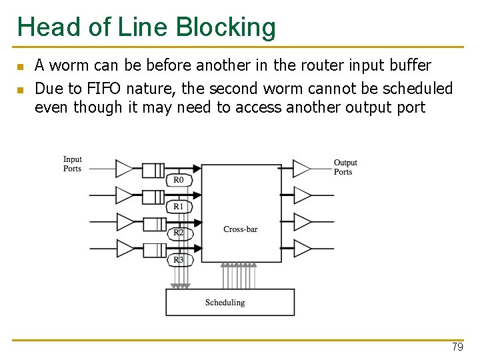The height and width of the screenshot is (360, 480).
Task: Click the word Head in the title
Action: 42,27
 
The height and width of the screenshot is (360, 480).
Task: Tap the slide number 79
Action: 457,347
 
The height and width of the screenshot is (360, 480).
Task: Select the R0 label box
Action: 178,180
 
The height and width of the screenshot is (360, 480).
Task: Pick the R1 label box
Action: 178,207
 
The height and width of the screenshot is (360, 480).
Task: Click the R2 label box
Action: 178,233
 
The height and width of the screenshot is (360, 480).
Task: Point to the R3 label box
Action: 178,259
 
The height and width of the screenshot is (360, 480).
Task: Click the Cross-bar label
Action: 240,229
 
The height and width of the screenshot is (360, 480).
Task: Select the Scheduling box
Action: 230,302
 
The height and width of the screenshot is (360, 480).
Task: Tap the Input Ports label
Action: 73,164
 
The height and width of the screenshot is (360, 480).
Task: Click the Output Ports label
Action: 345,167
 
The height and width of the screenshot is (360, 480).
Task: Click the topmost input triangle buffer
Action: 125,169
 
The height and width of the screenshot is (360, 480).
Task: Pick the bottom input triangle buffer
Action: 125,249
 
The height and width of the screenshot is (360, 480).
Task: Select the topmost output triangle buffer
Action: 302,169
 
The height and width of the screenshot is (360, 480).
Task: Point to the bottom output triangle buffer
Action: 302,249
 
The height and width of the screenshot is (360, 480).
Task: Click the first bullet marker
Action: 20,67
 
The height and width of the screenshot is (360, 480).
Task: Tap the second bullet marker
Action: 20,90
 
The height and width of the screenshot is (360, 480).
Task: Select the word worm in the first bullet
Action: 67,65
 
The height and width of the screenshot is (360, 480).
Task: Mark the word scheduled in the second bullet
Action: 419,89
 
